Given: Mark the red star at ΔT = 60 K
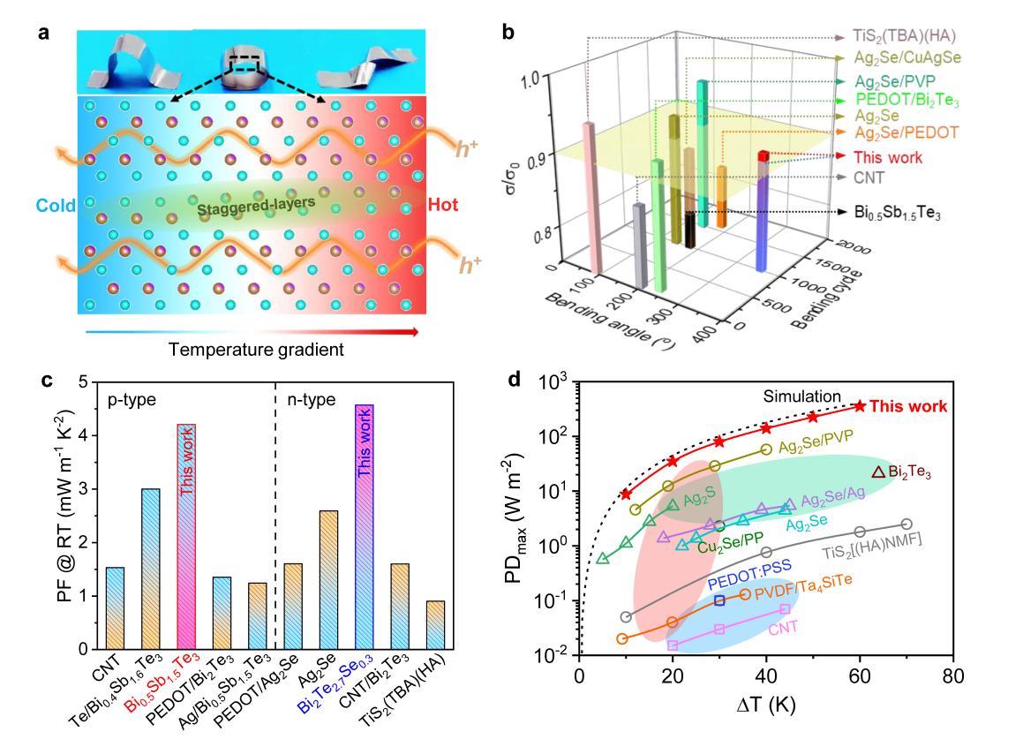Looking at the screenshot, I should [x=860, y=405].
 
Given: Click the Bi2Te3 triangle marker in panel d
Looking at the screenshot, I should [x=878, y=473].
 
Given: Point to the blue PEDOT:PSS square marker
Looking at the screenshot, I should [x=719, y=600].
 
